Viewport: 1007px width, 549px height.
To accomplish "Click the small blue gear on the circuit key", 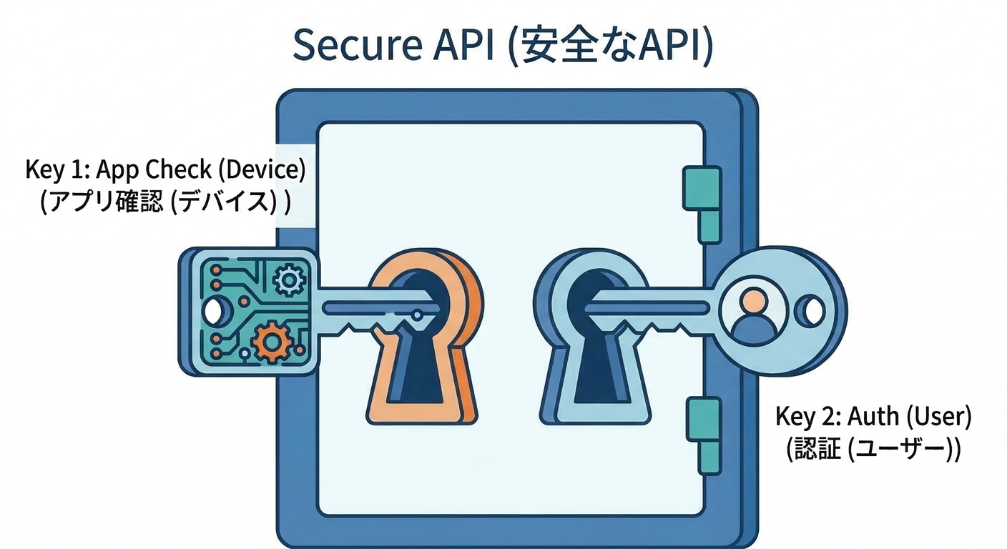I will (288, 280).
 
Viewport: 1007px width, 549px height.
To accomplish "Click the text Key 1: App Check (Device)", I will (165, 170).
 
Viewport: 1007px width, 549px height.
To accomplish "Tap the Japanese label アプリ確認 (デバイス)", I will (165, 202).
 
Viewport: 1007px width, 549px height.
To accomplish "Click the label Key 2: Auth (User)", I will (873, 416).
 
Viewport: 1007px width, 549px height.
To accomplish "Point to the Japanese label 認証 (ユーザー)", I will (873, 449).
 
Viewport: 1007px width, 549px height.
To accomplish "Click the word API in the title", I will (464, 46).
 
